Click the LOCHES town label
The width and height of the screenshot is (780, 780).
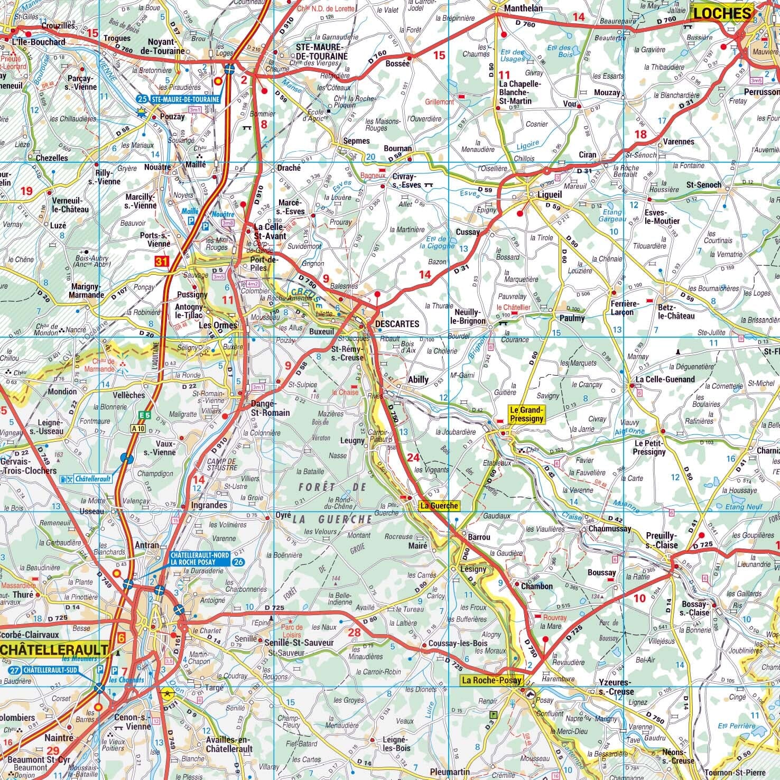coord(722,13)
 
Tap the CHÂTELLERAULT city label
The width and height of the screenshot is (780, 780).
coord(54,649)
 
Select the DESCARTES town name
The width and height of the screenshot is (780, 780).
coord(396,324)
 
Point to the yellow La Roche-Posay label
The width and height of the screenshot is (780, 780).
coord(491,681)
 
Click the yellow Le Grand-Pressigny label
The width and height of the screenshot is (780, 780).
coord(526,414)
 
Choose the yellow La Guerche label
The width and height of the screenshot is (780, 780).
coord(439,506)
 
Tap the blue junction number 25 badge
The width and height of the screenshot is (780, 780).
coord(142,99)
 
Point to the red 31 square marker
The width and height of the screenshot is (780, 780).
coord(162,262)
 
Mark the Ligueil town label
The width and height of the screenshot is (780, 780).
coord(549,194)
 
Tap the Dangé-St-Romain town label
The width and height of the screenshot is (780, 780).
coord(270,407)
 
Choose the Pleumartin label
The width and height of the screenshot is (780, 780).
coord(449,772)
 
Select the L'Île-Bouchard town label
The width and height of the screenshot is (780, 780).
coord(39,42)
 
